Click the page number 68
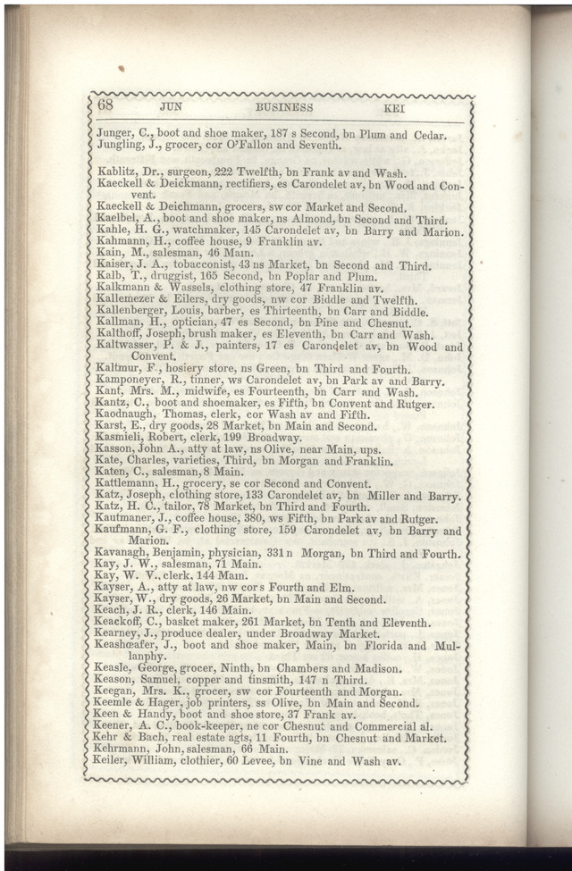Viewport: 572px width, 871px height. pos(105,106)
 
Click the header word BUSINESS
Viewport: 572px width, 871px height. pos(284,107)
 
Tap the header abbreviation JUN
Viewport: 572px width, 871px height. pos(171,107)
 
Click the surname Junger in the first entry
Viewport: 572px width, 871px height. pos(114,135)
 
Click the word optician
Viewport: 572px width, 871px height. pos(199,323)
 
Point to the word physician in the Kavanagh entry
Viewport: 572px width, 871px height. pos(241,554)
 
